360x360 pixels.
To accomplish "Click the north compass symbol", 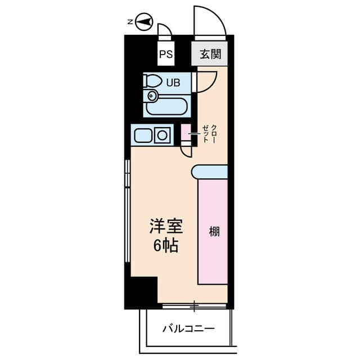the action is coord(144,22).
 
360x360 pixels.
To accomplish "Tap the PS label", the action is coord(166,55).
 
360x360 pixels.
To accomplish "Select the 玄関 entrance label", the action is coord(210,55).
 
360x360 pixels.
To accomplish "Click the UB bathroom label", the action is coord(173,83).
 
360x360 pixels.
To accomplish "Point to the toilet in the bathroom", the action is coord(151,81).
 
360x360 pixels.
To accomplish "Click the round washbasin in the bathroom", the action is coord(151,96).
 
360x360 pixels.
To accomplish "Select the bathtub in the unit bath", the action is coord(166,107).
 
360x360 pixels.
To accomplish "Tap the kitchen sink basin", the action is coord(143,136).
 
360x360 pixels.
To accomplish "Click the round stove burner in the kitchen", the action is coord(162,135).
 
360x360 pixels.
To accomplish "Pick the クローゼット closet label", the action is coord(209,134).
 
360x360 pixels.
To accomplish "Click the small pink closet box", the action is coord(186,133).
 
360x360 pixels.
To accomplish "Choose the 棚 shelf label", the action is coord(214,231).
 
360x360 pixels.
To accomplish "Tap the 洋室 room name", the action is coord(166,226).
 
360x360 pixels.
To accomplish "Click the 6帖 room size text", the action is coord(166,246).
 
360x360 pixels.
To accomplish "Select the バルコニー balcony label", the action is coord(188,328).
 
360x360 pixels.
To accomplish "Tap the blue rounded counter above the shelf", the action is coord(209,172).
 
